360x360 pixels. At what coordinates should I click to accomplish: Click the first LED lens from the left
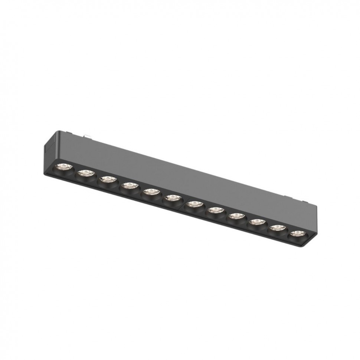pyautogui.click(x=63, y=166)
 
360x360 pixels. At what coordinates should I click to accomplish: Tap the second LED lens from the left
pyautogui.click(x=86, y=173)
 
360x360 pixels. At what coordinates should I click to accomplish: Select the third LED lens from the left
pyautogui.click(x=108, y=179)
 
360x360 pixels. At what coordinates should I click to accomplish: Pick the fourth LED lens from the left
pyautogui.click(x=129, y=186)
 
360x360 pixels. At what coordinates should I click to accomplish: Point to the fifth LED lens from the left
pyautogui.click(x=151, y=192)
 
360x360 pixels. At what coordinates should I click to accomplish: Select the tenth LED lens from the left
pyautogui.click(x=257, y=222)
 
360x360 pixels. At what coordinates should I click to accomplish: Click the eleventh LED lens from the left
pyautogui.click(x=277, y=228)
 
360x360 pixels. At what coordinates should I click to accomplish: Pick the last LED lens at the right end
pyautogui.click(x=297, y=234)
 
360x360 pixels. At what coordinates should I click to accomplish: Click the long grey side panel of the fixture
pyautogui.click(x=178, y=174)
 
